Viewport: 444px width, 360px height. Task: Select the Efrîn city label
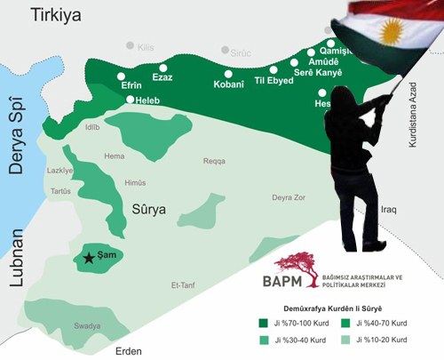click(131, 85)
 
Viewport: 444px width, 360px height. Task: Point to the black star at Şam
click(88, 259)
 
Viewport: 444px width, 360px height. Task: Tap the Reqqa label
click(216, 161)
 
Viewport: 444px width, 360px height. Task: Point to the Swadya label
click(87, 326)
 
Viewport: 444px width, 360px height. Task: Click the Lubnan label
click(15, 259)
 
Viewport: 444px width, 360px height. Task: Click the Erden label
click(128, 351)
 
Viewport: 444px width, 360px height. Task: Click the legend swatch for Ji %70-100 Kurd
click(263, 323)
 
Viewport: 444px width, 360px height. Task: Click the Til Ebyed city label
click(274, 82)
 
